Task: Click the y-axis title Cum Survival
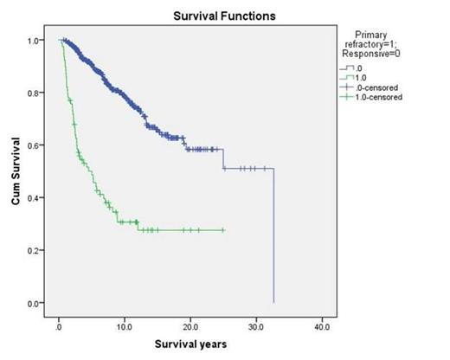(x=16, y=174)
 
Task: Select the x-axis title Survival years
(x=190, y=345)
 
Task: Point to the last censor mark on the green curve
(x=223, y=230)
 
